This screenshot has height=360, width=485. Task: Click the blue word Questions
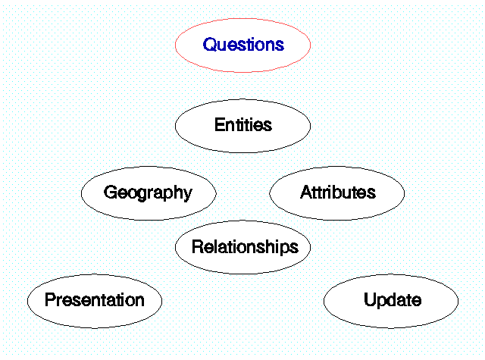tap(243, 45)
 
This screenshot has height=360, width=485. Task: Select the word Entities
tap(243, 124)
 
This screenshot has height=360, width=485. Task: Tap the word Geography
tap(149, 193)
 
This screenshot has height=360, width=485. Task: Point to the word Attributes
tap(338, 192)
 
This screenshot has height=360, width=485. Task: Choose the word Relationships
tap(245, 247)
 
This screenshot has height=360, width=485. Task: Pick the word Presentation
tap(95, 299)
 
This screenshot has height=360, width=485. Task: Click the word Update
tap(393, 300)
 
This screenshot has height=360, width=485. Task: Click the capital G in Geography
tap(111, 192)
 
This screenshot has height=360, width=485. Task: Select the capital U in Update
tap(370, 299)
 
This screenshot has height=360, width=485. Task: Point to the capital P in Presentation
tap(51, 299)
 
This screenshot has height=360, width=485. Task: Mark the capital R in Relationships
tap(199, 246)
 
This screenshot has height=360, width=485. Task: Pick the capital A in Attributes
tap(306, 192)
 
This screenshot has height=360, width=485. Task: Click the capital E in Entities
tap(221, 124)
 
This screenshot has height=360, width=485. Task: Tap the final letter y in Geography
tap(188, 195)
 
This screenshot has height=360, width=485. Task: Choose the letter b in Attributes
tap(339, 192)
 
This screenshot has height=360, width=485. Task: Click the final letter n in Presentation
tap(139, 302)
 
